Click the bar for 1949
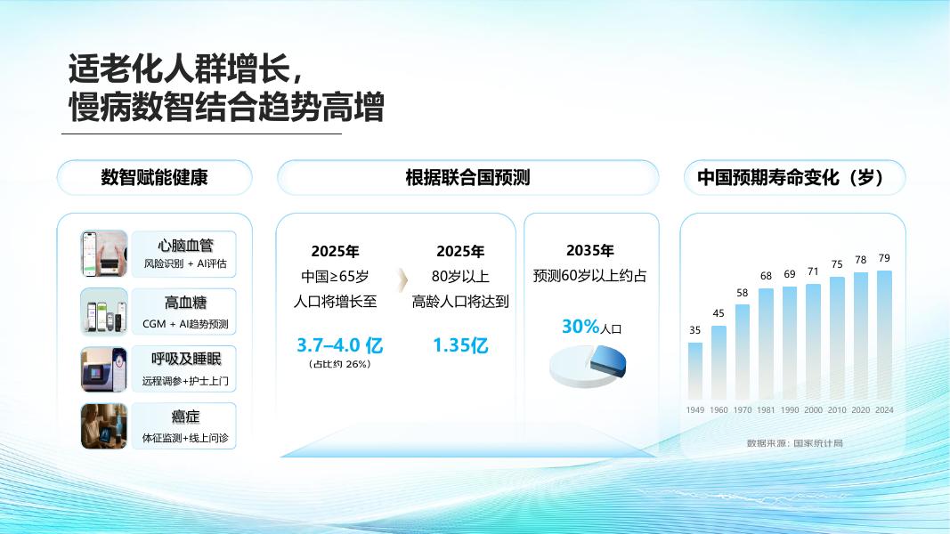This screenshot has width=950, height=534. pos(695,371)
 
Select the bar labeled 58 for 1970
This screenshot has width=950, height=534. pos(743,352)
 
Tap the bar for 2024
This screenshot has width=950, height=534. pos(885,335)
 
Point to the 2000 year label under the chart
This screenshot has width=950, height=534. pos(813,410)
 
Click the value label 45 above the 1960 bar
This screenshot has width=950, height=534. pos(719,313)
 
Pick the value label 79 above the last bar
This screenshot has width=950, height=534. pos(885,258)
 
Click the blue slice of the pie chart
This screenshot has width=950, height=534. pos(608,361)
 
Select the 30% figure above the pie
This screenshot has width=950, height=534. pos(581,327)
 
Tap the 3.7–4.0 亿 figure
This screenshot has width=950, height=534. pos(339,345)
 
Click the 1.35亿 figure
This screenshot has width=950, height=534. pos(460,345)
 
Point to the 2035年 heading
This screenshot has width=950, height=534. pos(590,250)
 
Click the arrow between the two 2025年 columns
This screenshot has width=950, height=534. pos(402,279)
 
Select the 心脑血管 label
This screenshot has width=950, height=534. pos(185,246)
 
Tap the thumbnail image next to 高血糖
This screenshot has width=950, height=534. pos(104,311)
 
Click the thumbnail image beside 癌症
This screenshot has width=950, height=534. pos(104,426)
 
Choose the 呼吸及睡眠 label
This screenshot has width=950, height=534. pos(186,359)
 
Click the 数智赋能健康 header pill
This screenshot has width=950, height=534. pos(155,177)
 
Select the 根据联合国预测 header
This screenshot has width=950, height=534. pos(467,177)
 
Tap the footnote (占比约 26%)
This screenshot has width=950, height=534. pos(339,364)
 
